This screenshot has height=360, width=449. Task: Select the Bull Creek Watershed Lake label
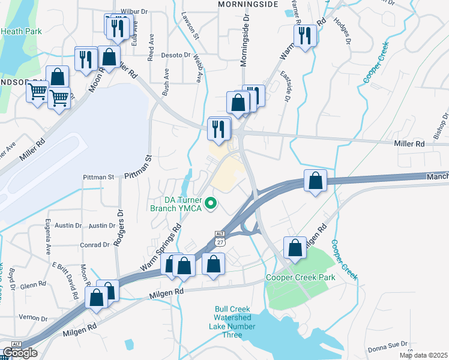point(232,318)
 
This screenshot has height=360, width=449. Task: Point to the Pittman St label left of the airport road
point(98,177)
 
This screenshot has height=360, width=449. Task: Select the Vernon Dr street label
point(32,318)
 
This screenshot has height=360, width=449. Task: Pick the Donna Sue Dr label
point(387,348)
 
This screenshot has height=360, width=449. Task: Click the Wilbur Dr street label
point(134,11)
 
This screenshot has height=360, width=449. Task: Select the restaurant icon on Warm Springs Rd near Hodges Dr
point(305,35)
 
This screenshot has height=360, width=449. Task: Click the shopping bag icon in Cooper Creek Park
point(296,248)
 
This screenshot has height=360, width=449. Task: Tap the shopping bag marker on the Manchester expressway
point(316,181)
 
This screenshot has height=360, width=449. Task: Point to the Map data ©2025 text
point(423,355)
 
